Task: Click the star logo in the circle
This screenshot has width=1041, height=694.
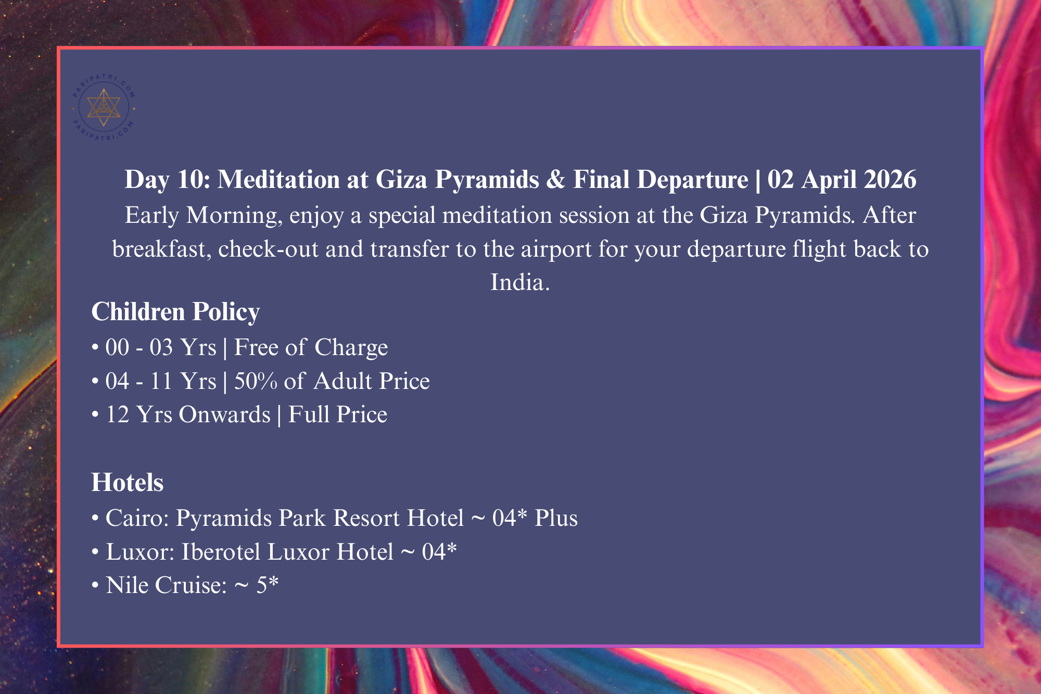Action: pos(104,107)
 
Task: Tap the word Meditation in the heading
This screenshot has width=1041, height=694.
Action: pos(278,180)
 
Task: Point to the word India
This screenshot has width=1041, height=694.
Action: pos(520,282)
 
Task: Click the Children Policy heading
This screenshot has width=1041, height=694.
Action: pos(175,312)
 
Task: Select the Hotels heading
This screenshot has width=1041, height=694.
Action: pos(128,483)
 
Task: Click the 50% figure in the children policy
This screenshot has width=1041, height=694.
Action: pos(256,381)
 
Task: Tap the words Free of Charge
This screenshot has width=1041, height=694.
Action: pos(311,347)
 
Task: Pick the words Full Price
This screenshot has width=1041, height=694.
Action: pos(338,415)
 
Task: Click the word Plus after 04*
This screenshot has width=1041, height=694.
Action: pos(556,518)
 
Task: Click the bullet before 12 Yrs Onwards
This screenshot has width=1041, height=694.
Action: pos(95,415)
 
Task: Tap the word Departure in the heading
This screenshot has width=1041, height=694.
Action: pos(692,180)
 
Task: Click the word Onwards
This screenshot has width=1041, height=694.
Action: pos(225,415)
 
